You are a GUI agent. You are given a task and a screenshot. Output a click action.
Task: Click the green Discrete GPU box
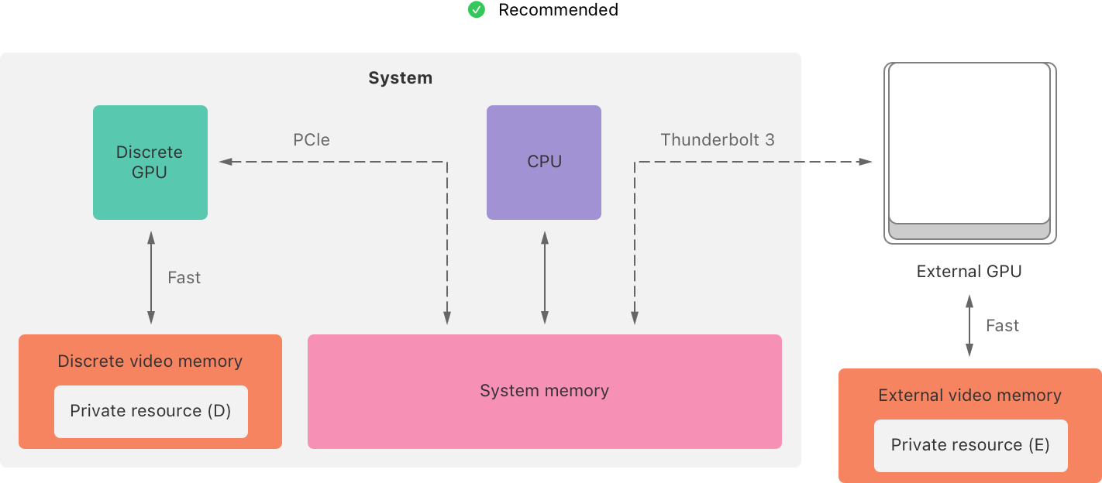coord(150,163)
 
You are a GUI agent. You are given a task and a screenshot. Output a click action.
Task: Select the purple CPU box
coord(544,163)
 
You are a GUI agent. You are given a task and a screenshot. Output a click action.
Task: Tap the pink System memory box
coord(544,391)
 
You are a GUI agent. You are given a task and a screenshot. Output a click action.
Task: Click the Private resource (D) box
coord(151,411)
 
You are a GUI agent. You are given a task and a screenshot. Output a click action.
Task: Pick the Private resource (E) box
coord(970,445)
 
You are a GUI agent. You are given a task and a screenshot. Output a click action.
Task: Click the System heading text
coord(400,78)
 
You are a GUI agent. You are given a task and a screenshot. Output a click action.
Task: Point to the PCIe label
coord(312,140)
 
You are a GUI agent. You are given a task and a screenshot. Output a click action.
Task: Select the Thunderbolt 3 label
coord(717,140)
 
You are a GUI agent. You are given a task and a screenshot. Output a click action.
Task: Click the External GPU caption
coord(969,272)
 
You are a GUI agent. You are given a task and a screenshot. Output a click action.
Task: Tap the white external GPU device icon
coord(969,143)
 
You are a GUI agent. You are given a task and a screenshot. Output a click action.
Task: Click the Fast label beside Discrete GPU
coord(184,278)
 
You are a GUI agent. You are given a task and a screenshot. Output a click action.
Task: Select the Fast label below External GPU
coord(1002,326)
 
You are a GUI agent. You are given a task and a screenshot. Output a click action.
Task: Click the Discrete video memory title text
coord(150,361)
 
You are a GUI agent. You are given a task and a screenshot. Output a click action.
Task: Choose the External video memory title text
coord(969,396)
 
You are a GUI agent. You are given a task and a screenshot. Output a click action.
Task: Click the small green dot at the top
coord(477,10)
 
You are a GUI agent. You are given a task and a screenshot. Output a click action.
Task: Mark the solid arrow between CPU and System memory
coord(545,276)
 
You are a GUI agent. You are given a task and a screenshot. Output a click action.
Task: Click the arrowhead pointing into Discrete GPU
coord(226,162)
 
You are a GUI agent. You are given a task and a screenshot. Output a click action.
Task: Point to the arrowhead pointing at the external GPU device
coord(866,162)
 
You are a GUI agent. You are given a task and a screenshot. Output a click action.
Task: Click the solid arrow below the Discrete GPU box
coord(151,276)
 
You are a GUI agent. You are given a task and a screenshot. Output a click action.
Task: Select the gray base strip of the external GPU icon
coord(969,231)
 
